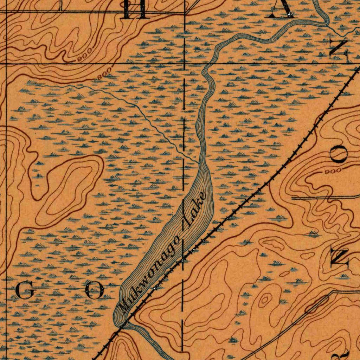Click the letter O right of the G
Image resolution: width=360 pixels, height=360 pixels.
(95, 291)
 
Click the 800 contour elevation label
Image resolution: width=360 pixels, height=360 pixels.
(104, 72)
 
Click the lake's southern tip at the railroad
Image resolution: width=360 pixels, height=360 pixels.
(121, 324)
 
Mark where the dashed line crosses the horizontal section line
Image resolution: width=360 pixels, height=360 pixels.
(185, 64)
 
